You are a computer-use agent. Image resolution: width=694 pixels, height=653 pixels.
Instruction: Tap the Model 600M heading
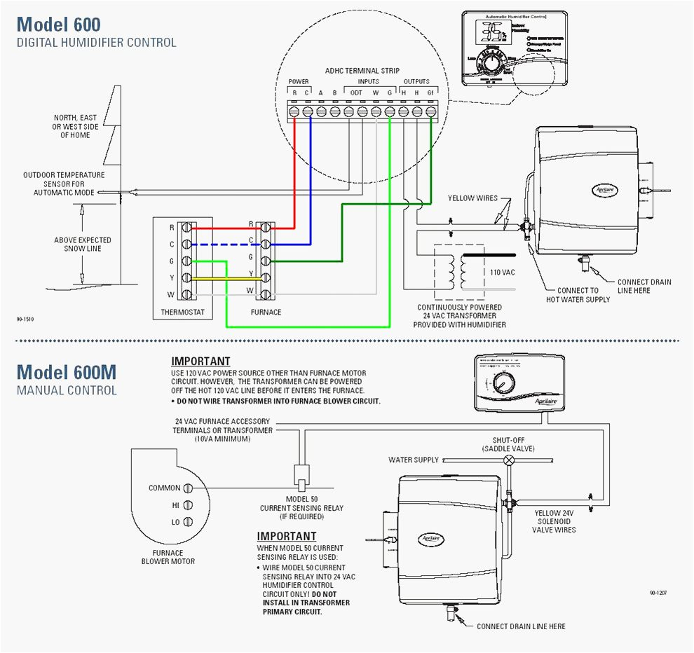(x=67, y=371)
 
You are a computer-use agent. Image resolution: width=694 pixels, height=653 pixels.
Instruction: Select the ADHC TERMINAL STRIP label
(x=362, y=71)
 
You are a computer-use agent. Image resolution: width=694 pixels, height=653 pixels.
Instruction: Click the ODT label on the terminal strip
(x=356, y=92)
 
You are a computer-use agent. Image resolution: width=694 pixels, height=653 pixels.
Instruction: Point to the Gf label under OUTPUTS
(x=430, y=92)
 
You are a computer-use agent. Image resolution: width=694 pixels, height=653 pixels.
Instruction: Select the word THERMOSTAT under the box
(x=183, y=312)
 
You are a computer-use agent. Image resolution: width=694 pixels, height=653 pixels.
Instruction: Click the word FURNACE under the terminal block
(x=266, y=312)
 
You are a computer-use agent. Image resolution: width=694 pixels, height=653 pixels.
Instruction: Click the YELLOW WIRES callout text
(x=472, y=198)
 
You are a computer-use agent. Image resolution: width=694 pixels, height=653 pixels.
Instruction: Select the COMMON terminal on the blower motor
(x=188, y=488)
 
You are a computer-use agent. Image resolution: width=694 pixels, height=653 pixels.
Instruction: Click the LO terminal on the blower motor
(x=188, y=522)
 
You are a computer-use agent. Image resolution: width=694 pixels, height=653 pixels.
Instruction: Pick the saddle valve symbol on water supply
(x=510, y=460)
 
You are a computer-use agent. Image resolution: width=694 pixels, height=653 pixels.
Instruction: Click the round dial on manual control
(x=503, y=385)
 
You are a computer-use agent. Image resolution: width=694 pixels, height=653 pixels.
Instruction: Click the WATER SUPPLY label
(x=414, y=460)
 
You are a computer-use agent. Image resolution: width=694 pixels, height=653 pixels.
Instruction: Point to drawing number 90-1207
(x=658, y=593)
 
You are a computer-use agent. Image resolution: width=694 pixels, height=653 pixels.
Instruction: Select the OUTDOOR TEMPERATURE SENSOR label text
(x=64, y=184)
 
